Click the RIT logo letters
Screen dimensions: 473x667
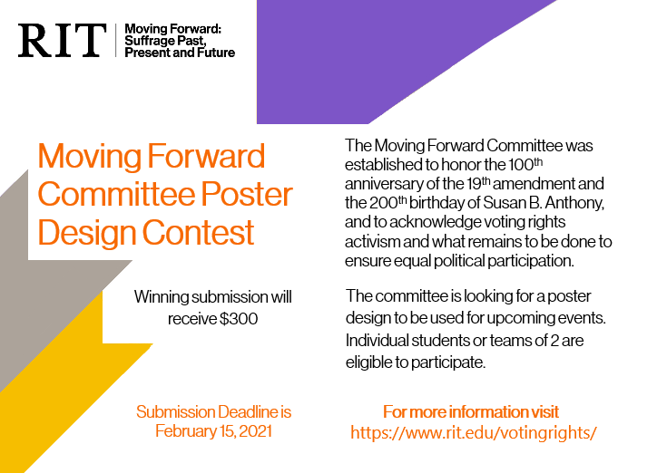[x=62, y=41]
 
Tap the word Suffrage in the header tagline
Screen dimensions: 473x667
[x=151, y=41]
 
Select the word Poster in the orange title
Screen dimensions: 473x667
[x=250, y=194]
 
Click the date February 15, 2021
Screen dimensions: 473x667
[x=213, y=430]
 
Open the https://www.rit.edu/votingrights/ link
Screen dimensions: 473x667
[x=473, y=432]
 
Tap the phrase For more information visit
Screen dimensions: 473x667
[x=471, y=411]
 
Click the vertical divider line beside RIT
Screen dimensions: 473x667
[x=115, y=41]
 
